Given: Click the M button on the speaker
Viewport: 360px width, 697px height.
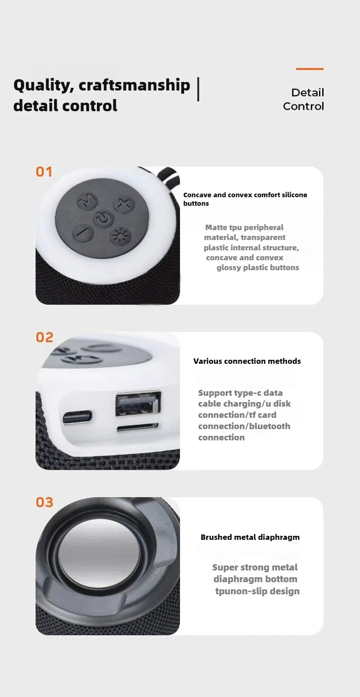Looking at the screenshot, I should coord(87,201).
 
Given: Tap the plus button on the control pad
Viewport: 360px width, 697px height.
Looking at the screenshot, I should coord(124,205).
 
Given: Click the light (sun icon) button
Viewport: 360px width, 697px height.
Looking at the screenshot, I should coord(120,236).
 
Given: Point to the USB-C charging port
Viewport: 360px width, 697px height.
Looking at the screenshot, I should coord(78,417).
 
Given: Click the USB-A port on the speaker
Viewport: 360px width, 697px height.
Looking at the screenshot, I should coord(138,403).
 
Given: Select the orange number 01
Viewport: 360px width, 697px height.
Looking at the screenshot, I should coord(44,172).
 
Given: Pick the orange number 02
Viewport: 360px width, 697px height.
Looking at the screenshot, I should coord(44,337).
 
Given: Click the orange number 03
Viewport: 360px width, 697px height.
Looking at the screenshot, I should coord(44,502).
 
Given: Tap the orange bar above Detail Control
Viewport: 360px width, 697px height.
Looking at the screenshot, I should coord(310,69).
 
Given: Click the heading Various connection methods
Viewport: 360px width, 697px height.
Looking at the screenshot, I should coord(247,361).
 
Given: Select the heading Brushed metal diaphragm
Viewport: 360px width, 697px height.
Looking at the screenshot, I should coord(250,537).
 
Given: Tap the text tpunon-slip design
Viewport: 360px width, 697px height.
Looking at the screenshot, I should coord(257,591).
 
